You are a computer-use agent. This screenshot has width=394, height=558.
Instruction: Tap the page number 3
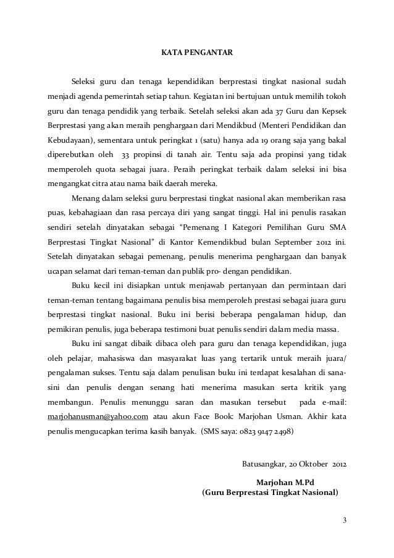pyautogui.click(x=345, y=518)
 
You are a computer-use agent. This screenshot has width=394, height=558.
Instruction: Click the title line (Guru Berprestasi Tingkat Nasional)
pyautogui.click(x=270, y=493)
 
